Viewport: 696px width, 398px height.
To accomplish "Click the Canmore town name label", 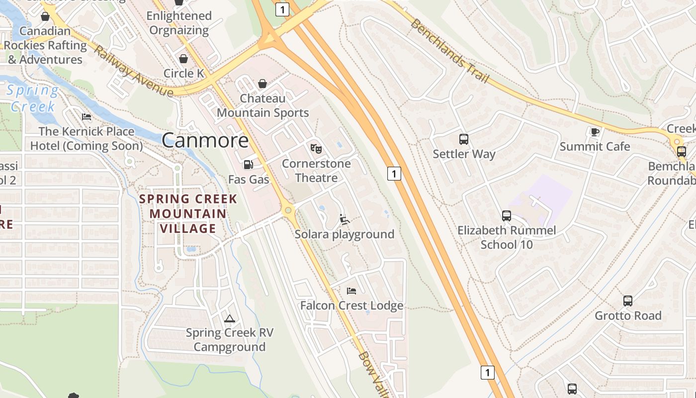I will [x=205, y=140].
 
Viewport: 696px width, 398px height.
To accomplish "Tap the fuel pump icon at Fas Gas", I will [x=248, y=164].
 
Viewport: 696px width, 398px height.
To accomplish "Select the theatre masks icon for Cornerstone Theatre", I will [x=316, y=148].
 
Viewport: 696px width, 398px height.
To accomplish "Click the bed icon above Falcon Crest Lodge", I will [x=351, y=291].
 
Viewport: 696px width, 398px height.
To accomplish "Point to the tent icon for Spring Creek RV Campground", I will [x=229, y=318].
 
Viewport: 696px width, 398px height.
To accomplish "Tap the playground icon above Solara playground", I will [x=344, y=219].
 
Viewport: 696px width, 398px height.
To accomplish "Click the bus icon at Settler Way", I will [x=464, y=139].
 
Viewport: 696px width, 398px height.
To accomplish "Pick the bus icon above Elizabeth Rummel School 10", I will [x=507, y=216].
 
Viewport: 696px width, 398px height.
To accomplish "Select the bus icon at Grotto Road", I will [x=628, y=301].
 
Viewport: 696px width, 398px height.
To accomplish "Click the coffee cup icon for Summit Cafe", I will [x=595, y=132].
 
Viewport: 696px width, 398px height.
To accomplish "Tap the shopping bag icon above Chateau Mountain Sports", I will [x=262, y=84].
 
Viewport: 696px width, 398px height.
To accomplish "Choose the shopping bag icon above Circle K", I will [x=183, y=59].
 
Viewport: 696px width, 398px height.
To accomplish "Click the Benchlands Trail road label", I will [x=450, y=52].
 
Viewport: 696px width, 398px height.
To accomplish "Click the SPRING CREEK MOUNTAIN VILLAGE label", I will [x=188, y=214].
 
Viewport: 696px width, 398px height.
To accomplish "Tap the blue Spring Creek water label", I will [x=33, y=98].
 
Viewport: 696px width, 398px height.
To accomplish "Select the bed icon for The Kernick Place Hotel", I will [x=87, y=117].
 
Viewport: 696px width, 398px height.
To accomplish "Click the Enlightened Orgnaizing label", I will [x=179, y=23].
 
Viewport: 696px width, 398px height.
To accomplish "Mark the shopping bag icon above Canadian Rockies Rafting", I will [x=45, y=16].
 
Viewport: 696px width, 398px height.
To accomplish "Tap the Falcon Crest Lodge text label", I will [x=351, y=305].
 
